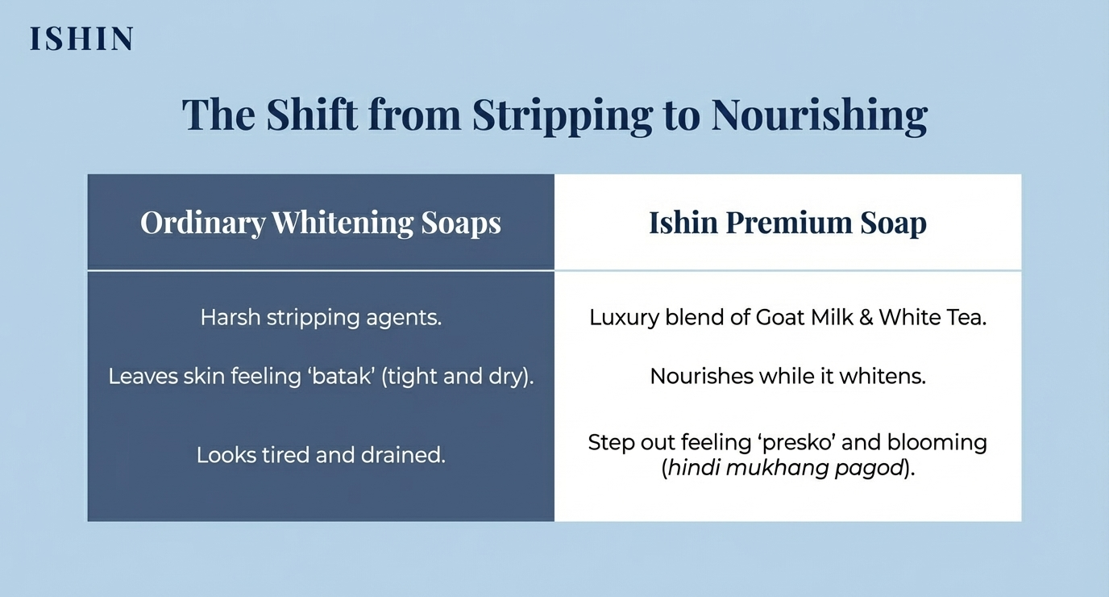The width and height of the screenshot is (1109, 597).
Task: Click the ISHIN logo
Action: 81,39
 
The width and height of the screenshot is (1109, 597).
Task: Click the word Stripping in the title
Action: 562,115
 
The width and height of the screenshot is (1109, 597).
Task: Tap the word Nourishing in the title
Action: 820,115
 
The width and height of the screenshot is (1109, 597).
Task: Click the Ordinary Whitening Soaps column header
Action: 321,223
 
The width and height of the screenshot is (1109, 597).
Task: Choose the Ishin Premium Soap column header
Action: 787,223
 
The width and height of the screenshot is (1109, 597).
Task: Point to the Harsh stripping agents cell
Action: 321,318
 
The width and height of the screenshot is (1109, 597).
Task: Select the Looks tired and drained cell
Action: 321,455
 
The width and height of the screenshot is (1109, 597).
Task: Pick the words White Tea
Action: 932,318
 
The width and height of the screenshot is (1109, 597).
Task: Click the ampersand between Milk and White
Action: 866,318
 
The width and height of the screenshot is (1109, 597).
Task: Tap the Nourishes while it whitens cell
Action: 787,377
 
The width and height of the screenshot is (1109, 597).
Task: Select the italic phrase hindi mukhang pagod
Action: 786,468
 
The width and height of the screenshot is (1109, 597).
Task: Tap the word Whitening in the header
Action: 343,223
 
